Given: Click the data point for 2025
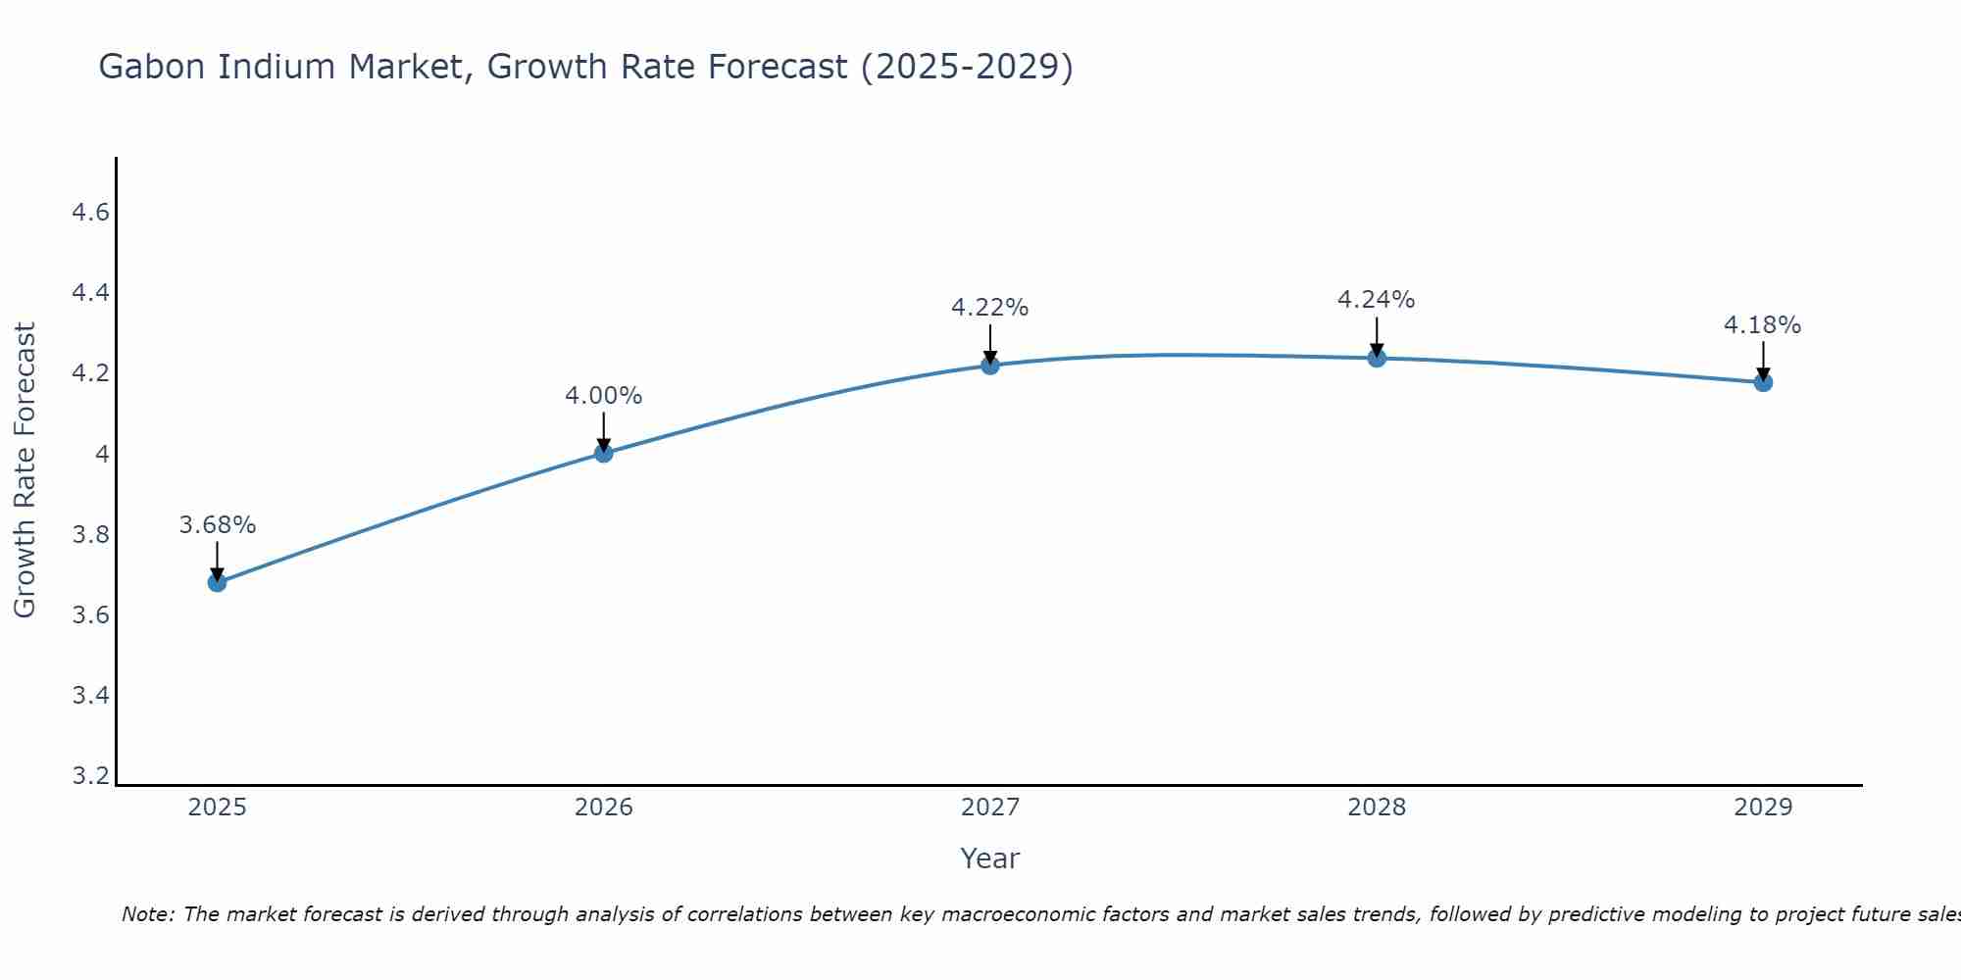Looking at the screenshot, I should (x=217, y=582).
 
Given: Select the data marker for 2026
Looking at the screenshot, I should (x=603, y=453).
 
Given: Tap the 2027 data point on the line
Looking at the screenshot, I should (x=990, y=365).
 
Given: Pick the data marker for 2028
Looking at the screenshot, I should (x=1377, y=357).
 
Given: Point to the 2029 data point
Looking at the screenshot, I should (x=1763, y=381).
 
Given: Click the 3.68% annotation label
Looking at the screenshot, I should (x=217, y=525).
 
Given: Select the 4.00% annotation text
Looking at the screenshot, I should (x=603, y=396).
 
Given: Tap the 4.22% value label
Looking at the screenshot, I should (x=990, y=308).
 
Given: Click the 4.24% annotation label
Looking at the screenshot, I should (x=1377, y=300).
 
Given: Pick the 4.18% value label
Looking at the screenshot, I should (x=1763, y=325).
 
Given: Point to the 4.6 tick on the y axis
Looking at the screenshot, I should (x=90, y=213).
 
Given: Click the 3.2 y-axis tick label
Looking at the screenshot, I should (x=90, y=776).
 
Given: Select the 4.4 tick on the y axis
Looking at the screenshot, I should (x=90, y=293).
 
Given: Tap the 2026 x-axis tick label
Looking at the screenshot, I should (x=603, y=808).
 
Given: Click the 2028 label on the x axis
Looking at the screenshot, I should (x=1377, y=808).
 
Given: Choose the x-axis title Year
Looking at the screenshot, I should (x=990, y=858).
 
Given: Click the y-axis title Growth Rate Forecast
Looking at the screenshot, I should (x=25, y=470).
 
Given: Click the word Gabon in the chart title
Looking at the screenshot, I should (x=152, y=67).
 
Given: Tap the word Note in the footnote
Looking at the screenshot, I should (x=147, y=914).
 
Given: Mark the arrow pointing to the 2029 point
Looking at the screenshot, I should (x=1763, y=361).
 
